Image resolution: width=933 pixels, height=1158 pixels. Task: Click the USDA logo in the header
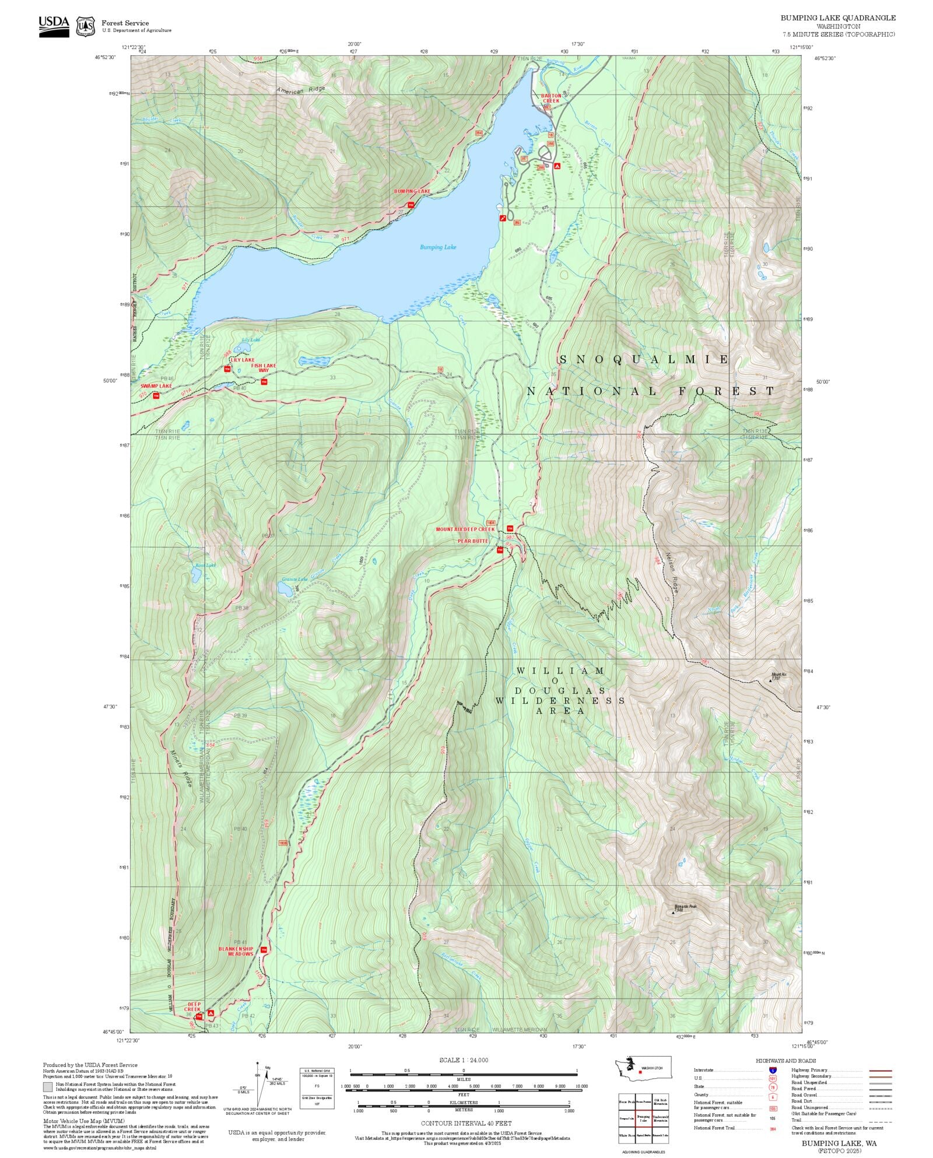[54, 26]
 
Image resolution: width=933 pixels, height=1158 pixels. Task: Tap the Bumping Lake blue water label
[438, 247]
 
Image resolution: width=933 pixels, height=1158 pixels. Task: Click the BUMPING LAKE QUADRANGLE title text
[838, 18]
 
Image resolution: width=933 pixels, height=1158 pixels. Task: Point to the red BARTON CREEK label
[551, 98]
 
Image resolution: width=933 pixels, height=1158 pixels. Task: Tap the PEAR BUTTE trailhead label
[473, 541]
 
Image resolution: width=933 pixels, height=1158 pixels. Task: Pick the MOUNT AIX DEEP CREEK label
[465, 529]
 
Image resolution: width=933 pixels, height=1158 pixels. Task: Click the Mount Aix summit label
[780, 676]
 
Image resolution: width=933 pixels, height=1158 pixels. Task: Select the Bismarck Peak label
[685, 907]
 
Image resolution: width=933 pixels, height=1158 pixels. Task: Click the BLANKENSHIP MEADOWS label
[236, 951]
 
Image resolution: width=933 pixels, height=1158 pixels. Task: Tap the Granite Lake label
[294, 580]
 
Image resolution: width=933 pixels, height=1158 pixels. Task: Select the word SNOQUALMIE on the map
[644, 360]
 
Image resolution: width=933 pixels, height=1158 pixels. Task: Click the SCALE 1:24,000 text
[464, 1060]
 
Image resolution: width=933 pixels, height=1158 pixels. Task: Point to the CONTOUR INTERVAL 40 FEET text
[466, 1123]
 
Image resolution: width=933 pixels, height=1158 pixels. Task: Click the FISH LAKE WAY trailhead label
[264, 369]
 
